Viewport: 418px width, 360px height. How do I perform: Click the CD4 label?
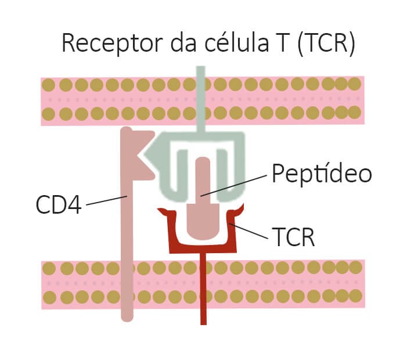(58, 204)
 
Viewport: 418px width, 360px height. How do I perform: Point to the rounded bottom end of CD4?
(127, 315)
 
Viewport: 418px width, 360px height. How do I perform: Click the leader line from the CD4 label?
(107, 200)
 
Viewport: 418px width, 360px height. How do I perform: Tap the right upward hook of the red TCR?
(239, 209)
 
